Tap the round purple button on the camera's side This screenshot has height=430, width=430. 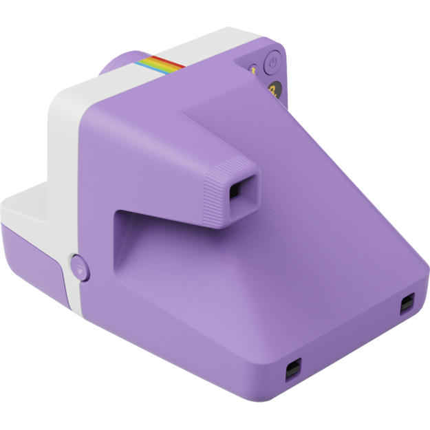point(79,266)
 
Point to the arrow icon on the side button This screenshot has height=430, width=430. point(80,268)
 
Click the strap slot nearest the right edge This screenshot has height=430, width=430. point(407,303)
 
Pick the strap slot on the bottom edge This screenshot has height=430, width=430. point(292,369)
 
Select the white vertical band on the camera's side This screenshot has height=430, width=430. point(65,172)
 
